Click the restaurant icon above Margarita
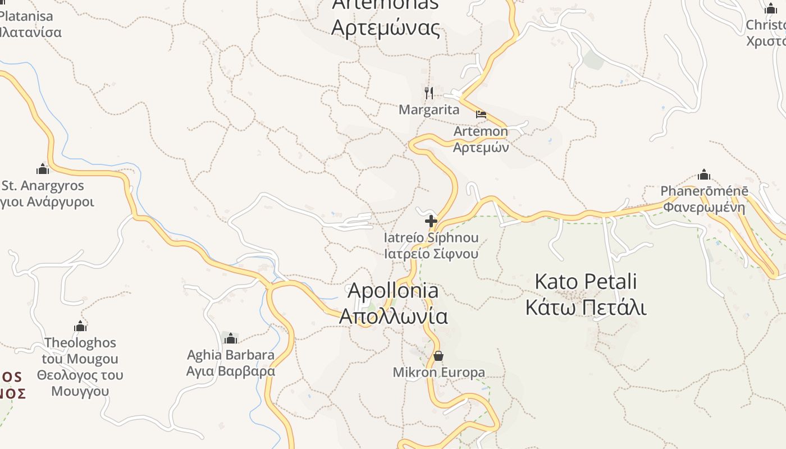pos(429,93)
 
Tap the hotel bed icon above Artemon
pos(481,114)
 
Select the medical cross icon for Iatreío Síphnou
pos(431,221)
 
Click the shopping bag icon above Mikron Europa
pos(438,356)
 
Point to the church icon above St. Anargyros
pos(43,169)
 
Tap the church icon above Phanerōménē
pos(704,175)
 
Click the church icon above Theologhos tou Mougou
pos(80,326)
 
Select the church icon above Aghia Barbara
pos(231,338)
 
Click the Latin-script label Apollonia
pos(393,291)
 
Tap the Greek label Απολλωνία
pos(393,316)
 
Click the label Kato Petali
pos(586,281)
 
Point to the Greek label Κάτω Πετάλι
pos(586,308)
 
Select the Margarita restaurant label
pos(429,109)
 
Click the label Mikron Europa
pos(438,372)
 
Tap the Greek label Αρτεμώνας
pos(386,26)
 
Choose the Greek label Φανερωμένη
pos(704,207)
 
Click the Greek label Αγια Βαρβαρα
pos(231,371)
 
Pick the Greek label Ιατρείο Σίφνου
pos(431,254)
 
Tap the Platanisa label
pos(26,17)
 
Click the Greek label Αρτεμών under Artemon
pos(481,148)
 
